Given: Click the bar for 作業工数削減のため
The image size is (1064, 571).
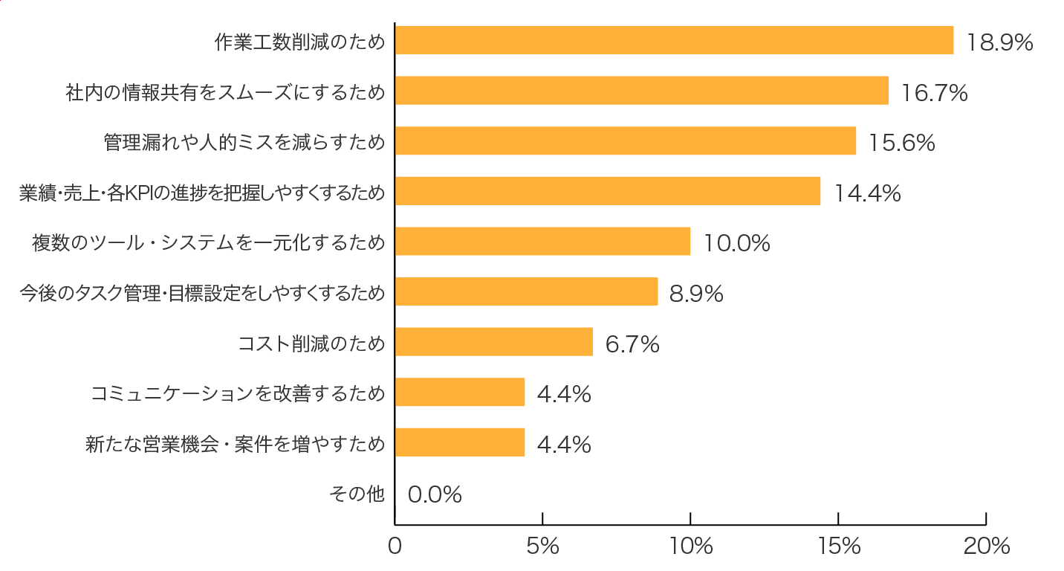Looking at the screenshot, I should [x=674, y=40].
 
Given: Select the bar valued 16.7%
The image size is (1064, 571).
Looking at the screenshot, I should [x=641, y=90].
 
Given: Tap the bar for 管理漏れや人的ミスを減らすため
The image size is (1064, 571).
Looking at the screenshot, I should [x=625, y=141].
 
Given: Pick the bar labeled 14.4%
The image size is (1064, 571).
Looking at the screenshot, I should [x=607, y=191].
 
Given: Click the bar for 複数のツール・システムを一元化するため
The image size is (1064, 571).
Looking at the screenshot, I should [x=542, y=242].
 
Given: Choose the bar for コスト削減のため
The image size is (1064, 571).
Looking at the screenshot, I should [x=493, y=342].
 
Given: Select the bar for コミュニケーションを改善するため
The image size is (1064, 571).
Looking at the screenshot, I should [x=459, y=392].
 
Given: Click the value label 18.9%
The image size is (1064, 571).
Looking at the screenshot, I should [x=999, y=42].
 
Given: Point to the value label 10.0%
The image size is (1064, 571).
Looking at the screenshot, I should [x=736, y=243].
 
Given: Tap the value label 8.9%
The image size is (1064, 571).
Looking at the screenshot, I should [x=696, y=294].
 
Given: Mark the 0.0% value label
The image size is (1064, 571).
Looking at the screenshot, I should [x=435, y=494].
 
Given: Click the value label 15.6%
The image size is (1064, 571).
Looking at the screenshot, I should [x=901, y=143].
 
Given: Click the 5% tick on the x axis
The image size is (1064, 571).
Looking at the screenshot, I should [x=542, y=546].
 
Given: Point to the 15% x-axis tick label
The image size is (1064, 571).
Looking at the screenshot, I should [x=838, y=546].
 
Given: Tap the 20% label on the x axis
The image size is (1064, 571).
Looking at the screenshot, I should [x=986, y=546].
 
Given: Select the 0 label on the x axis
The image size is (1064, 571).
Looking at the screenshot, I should [x=395, y=546].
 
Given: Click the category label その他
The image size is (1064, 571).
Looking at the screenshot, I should [x=357, y=494].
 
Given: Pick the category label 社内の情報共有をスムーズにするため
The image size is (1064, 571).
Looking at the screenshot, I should [x=225, y=92].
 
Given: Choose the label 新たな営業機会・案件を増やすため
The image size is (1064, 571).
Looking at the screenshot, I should [x=235, y=445].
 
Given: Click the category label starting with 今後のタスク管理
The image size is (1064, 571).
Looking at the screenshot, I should [x=202, y=294].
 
